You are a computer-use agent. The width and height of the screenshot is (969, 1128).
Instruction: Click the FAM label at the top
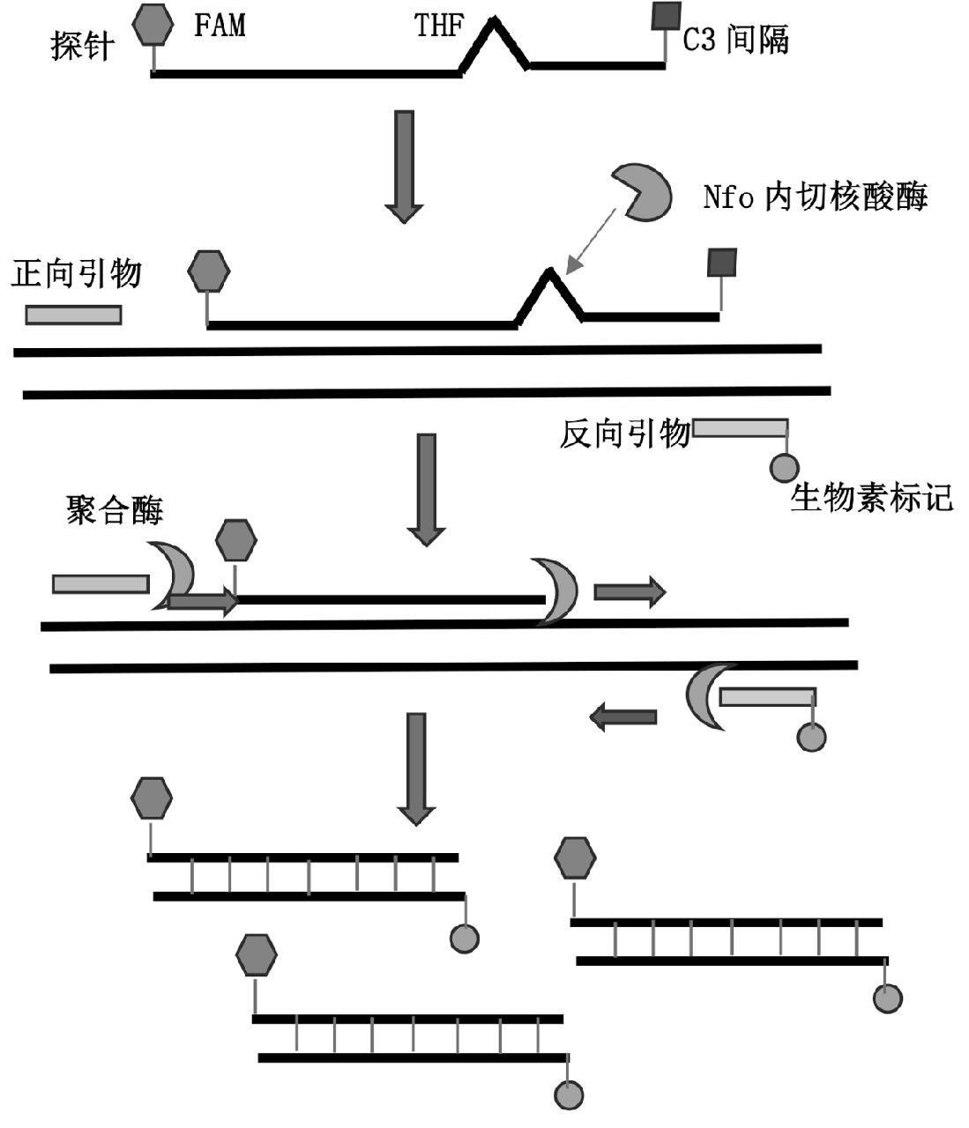click(x=220, y=25)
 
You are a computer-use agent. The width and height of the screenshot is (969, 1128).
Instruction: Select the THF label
click(x=438, y=26)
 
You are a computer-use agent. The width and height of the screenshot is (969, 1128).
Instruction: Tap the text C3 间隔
click(x=735, y=40)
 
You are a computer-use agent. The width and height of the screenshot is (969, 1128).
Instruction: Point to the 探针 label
click(x=82, y=46)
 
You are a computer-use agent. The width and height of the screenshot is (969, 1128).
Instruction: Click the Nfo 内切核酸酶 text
click(x=816, y=197)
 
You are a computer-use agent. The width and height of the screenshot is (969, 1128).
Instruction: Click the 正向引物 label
click(x=77, y=274)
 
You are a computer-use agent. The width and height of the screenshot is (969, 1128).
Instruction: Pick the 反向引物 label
click(x=624, y=434)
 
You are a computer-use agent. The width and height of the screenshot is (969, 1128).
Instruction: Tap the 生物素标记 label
click(x=871, y=498)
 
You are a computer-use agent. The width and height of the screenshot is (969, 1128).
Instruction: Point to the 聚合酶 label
click(x=115, y=510)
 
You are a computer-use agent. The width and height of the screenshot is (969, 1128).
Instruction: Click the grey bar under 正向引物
click(x=73, y=315)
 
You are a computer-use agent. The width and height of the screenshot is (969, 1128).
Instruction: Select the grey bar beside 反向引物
click(x=740, y=428)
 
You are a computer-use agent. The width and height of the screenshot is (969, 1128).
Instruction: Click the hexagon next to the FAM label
click(x=153, y=25)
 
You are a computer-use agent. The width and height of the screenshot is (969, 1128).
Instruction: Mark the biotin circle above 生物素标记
click(x=784, y=467)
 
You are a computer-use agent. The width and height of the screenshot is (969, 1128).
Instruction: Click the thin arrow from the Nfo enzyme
click(x=591, y=238)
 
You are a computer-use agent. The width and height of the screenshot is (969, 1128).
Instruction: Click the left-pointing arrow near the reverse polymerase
click(x=622, y=717)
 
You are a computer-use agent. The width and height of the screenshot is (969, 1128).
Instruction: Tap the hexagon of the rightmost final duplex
click(x=575, y=857)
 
